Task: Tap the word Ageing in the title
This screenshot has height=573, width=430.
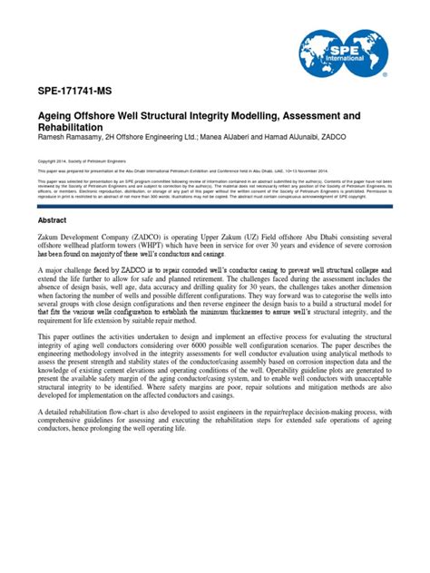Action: pos(60,118)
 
